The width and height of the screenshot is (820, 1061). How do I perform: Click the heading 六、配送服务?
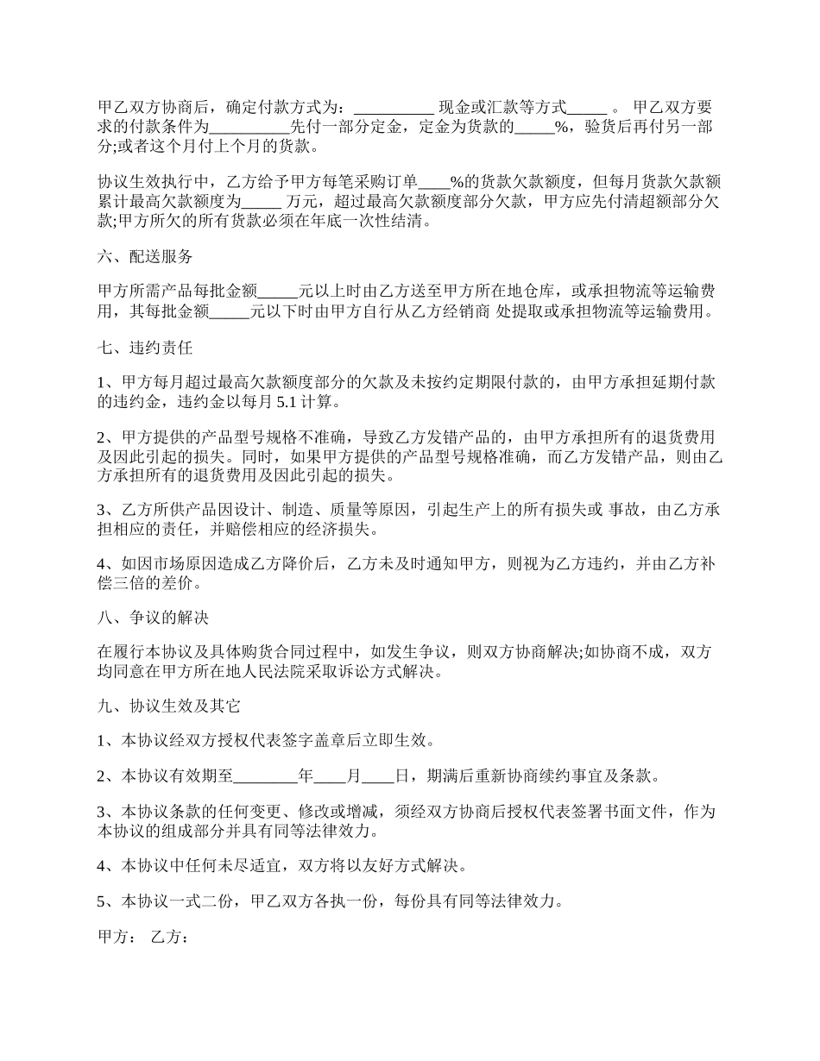145,257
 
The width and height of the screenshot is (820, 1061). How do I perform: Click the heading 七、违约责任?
145,349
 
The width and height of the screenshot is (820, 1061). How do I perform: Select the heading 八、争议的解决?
153,618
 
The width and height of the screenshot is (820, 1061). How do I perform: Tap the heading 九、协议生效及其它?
168,706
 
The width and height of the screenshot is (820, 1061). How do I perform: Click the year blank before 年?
265,776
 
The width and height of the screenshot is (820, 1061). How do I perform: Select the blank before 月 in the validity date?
330,776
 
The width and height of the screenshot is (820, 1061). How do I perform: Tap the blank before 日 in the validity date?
378,776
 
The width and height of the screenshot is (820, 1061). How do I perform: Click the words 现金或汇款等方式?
502,108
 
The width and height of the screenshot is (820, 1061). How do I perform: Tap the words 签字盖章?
307,741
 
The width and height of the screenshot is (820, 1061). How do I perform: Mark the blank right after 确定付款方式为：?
394,108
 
